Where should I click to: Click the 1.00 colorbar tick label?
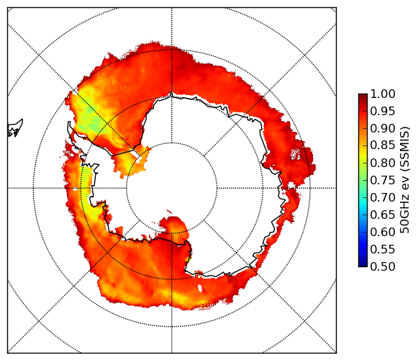pos(383,94)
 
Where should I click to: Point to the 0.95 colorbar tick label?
pos(383,112)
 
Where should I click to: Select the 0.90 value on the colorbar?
pos(383,128)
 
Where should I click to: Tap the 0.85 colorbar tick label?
pos(383,145)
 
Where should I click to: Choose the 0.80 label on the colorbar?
pos(383,163)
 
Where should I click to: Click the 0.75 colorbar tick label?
pos(383,180)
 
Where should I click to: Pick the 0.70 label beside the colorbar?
pos(383,197)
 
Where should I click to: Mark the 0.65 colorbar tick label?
pos(383,215)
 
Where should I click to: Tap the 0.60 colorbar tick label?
pos(383,232)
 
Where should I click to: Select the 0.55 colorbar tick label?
pos(383,249)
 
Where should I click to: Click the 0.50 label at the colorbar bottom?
pos(383,266)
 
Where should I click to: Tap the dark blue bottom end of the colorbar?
pos(363,264)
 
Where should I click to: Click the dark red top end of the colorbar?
pos(363,96)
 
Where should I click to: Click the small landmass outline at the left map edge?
pos(15,128)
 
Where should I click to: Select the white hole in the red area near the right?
pos(296,154)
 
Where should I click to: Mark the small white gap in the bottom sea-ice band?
pos(200,288)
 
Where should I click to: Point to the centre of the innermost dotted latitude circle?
pos(172,188)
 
